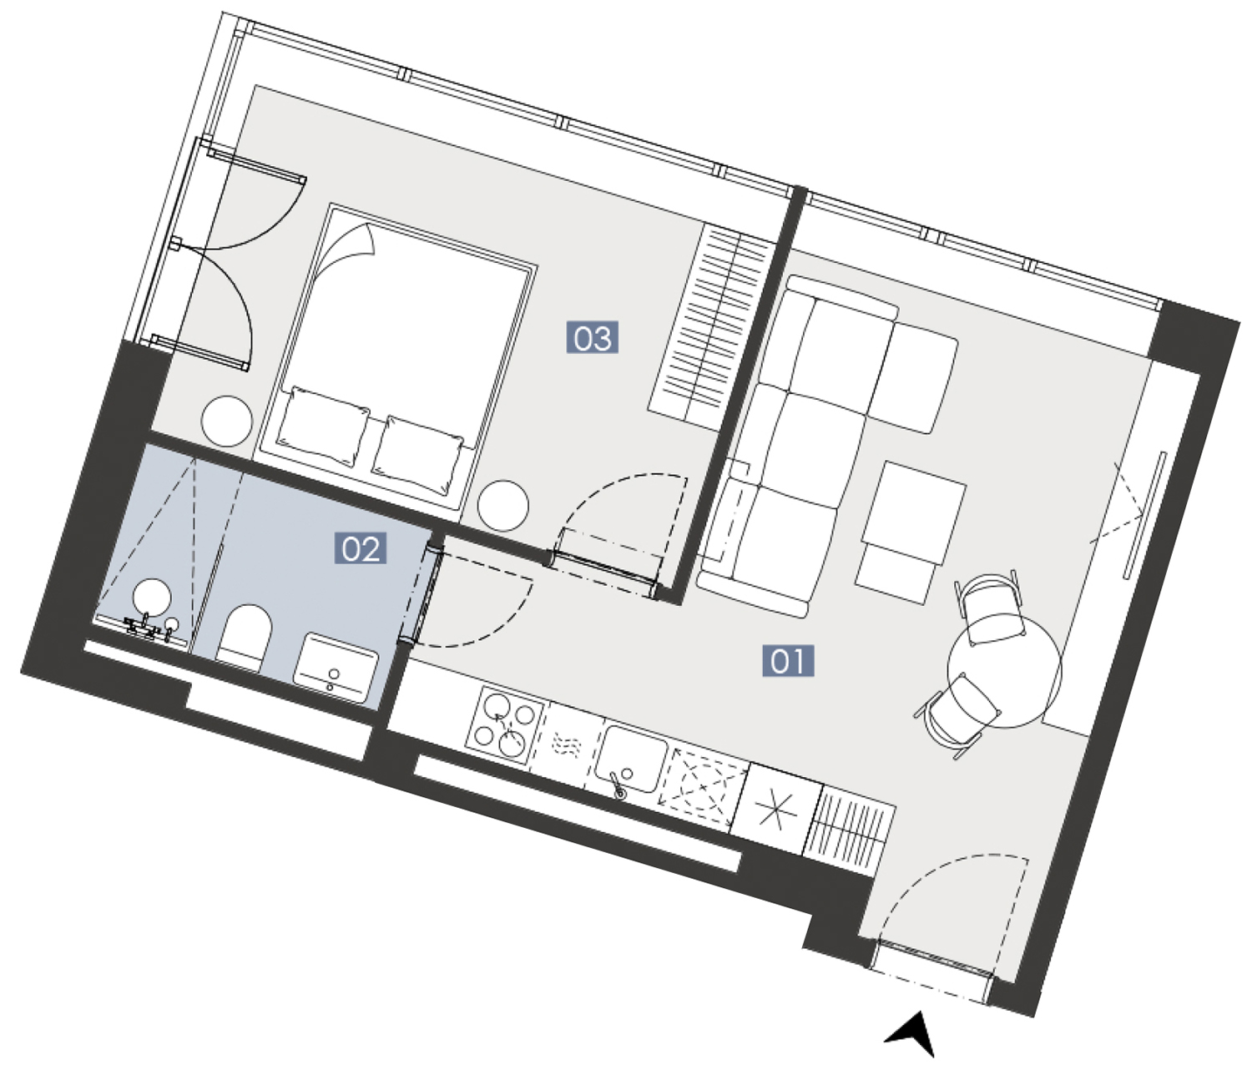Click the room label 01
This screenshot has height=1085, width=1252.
[787, 661]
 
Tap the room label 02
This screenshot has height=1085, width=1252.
[361, 549]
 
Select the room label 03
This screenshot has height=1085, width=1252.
[593, 337]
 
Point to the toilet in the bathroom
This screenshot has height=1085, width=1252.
[245, 638]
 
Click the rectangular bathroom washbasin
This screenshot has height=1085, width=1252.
[336, 668]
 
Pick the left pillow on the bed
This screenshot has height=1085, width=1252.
[324, 426]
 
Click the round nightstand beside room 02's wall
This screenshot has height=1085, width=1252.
[502, 506]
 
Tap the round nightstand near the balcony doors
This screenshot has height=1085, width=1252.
[226, 421]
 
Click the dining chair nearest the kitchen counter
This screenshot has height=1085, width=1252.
[957, 715]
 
